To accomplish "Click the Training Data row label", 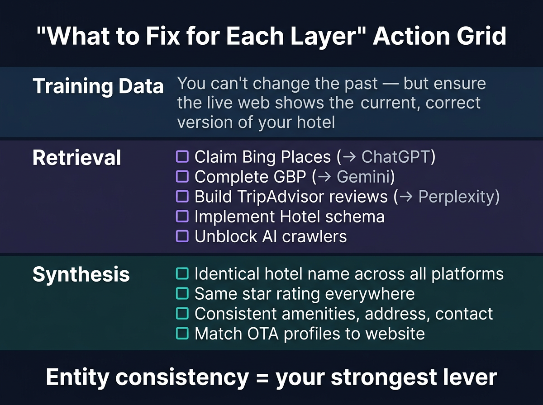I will tap(98, 86).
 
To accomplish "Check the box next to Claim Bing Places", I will tap(182, 157).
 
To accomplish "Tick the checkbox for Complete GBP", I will tap(182, 177).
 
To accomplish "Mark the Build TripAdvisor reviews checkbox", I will tap(182, 197).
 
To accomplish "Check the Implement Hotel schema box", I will tap(182, 217).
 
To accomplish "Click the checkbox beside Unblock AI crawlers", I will tap(182, 236).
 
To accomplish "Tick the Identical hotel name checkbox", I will tap(182, 273).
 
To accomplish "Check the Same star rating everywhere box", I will tap(182, 293).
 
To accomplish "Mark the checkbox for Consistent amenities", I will tap(182, 313).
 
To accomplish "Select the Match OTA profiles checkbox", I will tap(182, 334).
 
